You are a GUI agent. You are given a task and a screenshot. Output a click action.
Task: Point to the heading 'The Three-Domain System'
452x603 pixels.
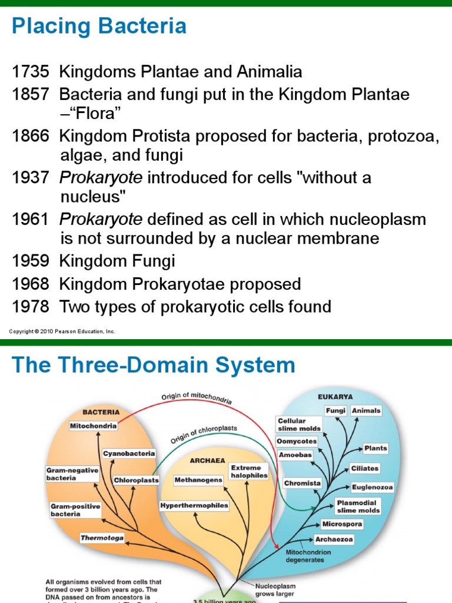[153, 365]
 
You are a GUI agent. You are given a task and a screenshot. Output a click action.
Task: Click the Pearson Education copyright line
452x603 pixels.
[62, 332]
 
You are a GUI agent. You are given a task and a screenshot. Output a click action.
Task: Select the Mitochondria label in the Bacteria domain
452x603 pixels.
[93, 425]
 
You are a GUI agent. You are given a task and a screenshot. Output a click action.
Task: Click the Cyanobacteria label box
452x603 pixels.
[129, 453]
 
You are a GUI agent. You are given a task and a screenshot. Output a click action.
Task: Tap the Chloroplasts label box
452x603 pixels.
[137, 481]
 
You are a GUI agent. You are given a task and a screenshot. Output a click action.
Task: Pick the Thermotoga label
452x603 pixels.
[102, 538]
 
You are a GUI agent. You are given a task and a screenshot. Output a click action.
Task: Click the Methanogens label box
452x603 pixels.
[198, 480]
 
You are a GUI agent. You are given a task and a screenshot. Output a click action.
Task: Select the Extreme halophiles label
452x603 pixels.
[249, 471]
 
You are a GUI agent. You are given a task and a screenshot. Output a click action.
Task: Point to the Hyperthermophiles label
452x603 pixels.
[194, 505]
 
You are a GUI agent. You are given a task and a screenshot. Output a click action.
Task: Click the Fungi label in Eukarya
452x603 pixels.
[335, 411]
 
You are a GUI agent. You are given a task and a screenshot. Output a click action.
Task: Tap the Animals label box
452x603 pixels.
[366, 411]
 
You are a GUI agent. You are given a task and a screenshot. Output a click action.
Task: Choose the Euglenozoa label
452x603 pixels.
[372, 488]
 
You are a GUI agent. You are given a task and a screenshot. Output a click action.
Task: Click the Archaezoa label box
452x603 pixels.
[334, 539]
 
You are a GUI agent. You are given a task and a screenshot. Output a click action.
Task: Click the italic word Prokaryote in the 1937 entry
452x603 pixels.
[101, 178]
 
